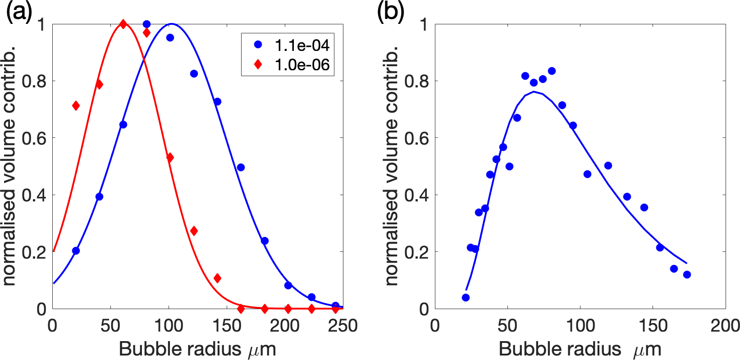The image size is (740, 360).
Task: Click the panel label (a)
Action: click(19, 13)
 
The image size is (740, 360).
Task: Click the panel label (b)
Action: click(391, 13)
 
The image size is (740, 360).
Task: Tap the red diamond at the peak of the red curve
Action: click(123, 24)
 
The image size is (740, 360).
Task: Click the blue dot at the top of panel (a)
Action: click(146, 24)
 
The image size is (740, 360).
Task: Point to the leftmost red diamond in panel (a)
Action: click(76, 106)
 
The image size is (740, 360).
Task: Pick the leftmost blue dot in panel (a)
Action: click(76, 251)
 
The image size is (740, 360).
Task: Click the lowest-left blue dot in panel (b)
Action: click(466, 297)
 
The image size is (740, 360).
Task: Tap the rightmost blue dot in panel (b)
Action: click(687, 275)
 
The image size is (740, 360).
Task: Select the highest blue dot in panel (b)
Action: click(552, 71)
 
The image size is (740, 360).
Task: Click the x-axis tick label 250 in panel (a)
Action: click(343, 326)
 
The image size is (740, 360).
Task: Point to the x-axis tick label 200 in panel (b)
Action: click(725, 326)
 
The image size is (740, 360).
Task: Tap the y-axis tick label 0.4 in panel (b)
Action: click(416, 195)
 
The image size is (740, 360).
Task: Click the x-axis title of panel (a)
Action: click(197, 349)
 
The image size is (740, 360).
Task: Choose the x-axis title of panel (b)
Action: click(580, 349)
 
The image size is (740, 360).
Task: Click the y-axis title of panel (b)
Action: click(392, 166)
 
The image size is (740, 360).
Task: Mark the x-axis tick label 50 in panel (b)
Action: click(507, 326)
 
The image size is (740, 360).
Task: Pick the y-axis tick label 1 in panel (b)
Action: click(423, 24)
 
